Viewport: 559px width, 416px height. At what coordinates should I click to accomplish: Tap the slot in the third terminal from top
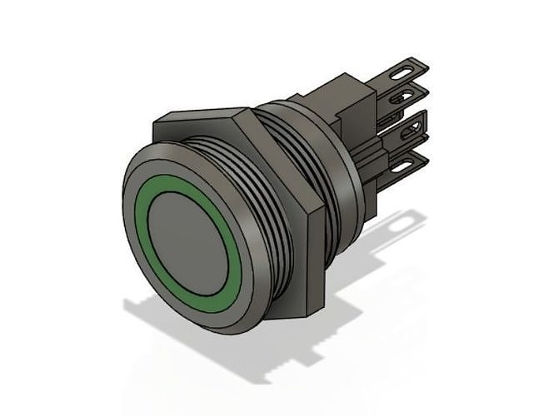[409, 132]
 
